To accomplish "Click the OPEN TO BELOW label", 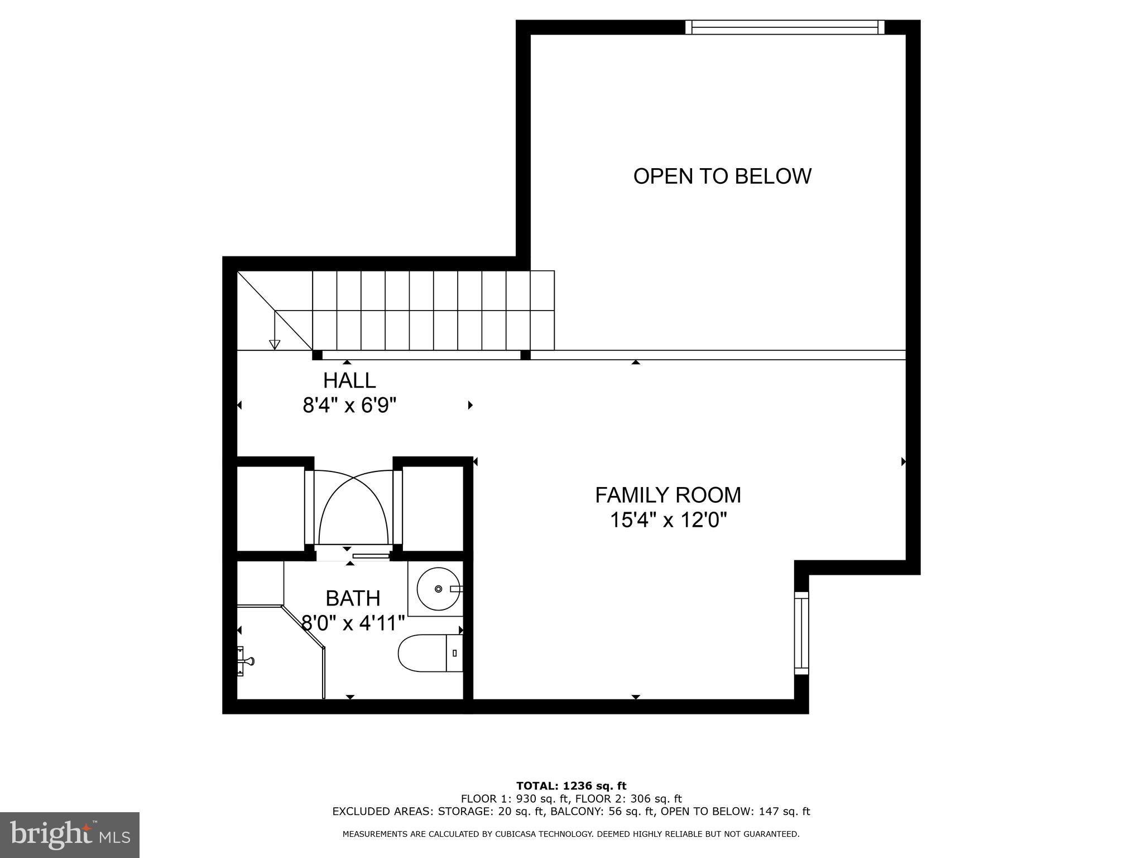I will [722, 176].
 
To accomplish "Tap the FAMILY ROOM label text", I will [667, 495].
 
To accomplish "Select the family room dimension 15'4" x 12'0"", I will [667, 521].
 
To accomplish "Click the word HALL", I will [349, 380].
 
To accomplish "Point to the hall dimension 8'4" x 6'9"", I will [349, 405].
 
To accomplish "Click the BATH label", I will [353, 598].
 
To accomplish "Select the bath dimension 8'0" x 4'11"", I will [353, 622].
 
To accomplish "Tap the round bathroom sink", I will [438, 589].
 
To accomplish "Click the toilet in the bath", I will [430, 652].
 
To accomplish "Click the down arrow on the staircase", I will [274, 343].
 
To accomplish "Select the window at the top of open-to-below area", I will [785, 27].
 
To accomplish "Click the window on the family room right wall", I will [801, 633].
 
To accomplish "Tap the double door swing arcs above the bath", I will [353, 508].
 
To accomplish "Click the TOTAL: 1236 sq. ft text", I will [571, 786].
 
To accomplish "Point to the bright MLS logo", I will [70, 835].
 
